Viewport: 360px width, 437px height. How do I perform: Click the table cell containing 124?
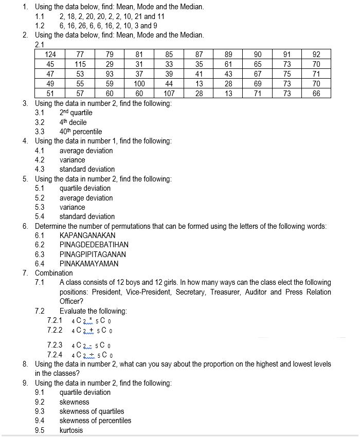coord(50,54)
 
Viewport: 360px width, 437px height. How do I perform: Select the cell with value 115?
coord(80,64)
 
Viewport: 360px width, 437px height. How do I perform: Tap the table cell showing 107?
coord(169,94)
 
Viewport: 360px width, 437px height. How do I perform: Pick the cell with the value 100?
coord(139,84)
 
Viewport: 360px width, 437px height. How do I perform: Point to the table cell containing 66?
coord(316,94)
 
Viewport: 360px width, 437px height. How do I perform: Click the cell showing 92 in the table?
coord(316,54)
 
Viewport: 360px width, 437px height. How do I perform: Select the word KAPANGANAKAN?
coord(87,235)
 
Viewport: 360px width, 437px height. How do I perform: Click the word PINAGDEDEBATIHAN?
coord(94,245)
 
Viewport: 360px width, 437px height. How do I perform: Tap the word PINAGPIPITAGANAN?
coord(93,254)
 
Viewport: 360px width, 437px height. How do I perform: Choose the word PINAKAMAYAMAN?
coord(89,264)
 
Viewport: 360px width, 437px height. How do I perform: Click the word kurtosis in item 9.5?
coord(71,430)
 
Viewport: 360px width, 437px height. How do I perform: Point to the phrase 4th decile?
coord(73,122)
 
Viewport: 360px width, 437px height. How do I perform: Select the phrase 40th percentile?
coord(81,132)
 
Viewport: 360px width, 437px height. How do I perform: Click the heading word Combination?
coord(54,273)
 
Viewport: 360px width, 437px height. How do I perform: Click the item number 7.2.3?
coord(55,345)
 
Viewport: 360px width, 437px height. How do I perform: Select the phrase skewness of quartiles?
coord(92,411)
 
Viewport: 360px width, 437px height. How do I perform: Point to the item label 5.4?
coord(40,216)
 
